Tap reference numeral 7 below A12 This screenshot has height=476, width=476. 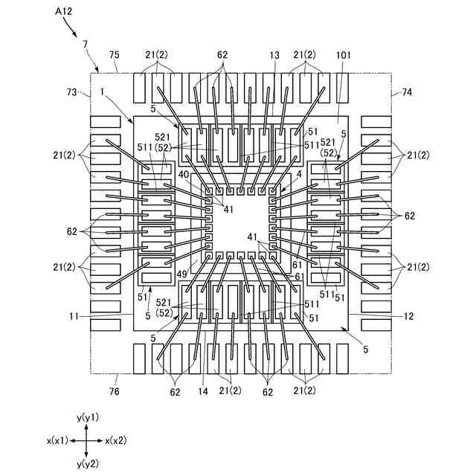(86, 44)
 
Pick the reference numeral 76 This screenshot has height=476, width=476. (115, 391)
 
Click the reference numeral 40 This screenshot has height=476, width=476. (184, 174)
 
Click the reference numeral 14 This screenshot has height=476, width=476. (203, 391)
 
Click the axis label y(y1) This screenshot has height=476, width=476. (88, 416)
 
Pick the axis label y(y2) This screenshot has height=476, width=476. (88, 463)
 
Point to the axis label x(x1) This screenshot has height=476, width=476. (58, 440)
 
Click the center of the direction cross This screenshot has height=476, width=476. (87, 440)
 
